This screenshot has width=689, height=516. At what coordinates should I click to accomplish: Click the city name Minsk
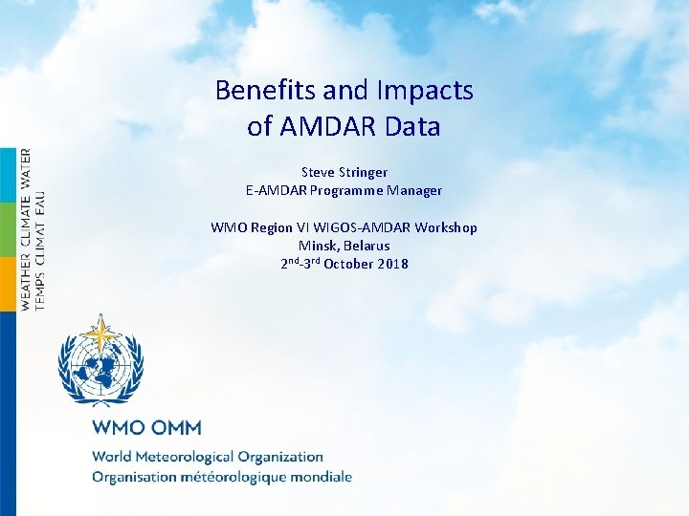tap(317, 246)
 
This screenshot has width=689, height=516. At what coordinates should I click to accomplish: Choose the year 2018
tap(392, 264)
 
